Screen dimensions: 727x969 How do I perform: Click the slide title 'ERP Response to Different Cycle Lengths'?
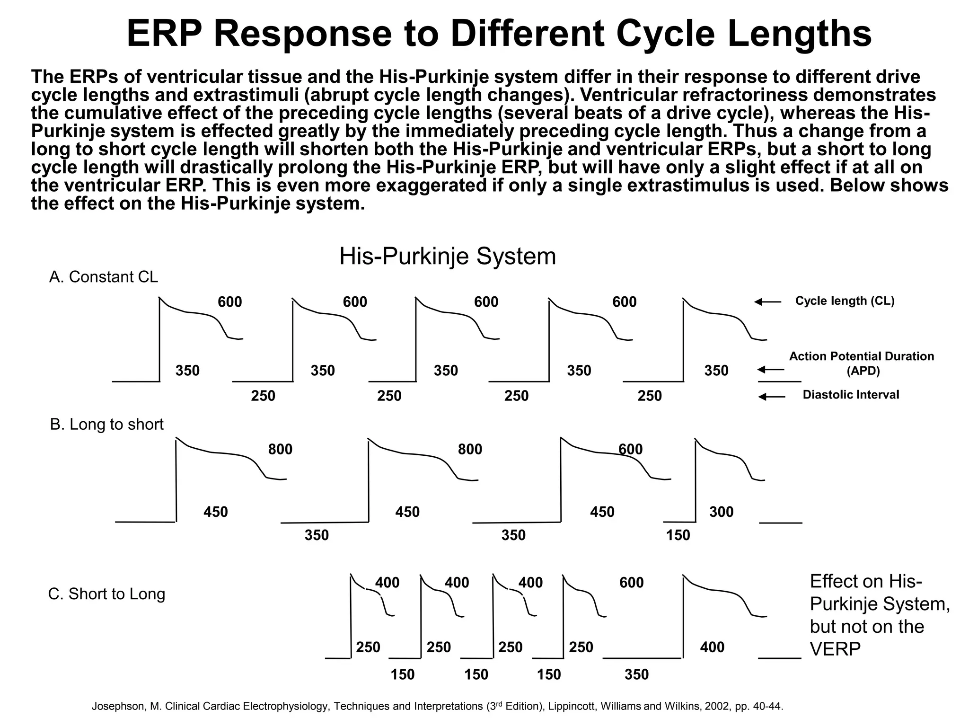click(x=499, y=34)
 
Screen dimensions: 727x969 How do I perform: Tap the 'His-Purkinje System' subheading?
click(x=447, y=257)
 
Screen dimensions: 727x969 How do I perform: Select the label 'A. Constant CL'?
click(x=104, y=277)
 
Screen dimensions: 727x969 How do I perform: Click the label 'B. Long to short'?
click(x=106, y=424)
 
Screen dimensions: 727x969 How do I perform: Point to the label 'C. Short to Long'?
click(x=106, y=594)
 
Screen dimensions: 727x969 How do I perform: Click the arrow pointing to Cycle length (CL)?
click(x=767, y=301)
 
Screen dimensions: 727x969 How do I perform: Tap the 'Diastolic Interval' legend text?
click(x=850, y=395)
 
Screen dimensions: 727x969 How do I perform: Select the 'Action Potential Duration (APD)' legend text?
click(x=861, y=363)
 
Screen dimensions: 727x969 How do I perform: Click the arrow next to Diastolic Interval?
click(x=771, y=397)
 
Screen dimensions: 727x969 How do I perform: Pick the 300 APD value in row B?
click(x=721, y=512)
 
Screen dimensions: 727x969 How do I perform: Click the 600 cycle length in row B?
click(x=631, y=449)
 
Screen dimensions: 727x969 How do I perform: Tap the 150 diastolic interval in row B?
click(x=678, y=535)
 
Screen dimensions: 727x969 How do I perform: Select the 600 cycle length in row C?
click(x=631, y=582)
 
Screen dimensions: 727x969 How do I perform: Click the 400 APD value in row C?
click(x=712, y=647)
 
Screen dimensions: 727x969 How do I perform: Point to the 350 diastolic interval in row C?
click(x=636, y=674)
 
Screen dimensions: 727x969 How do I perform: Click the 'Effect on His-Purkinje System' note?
click(x=879, y=615)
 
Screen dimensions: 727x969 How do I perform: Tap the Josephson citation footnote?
click(x=437, y=707)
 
